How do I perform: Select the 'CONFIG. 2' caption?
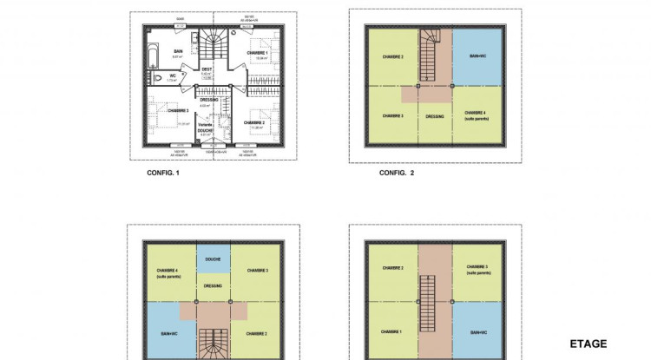click(397, 173)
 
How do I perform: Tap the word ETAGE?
click(588, 344)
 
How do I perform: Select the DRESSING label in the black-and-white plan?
click(208, 99)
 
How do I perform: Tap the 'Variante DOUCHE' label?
click(206, 128)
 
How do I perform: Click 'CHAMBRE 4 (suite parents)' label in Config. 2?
click(477, 115)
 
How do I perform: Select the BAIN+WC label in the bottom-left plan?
click(162, 331)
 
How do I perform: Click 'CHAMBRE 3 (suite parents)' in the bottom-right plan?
click(477, 269)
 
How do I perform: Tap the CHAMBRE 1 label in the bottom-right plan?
click(392, 331)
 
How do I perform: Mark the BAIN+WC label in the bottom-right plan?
click(477, 331)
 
